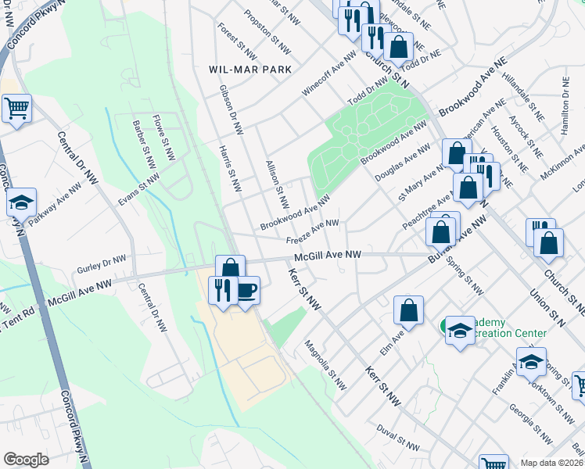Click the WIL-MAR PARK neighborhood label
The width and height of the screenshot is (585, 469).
pos(249,70)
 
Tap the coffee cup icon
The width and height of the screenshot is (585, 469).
pos(247,291)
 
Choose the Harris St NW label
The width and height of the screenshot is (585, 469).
pos(231,169)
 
